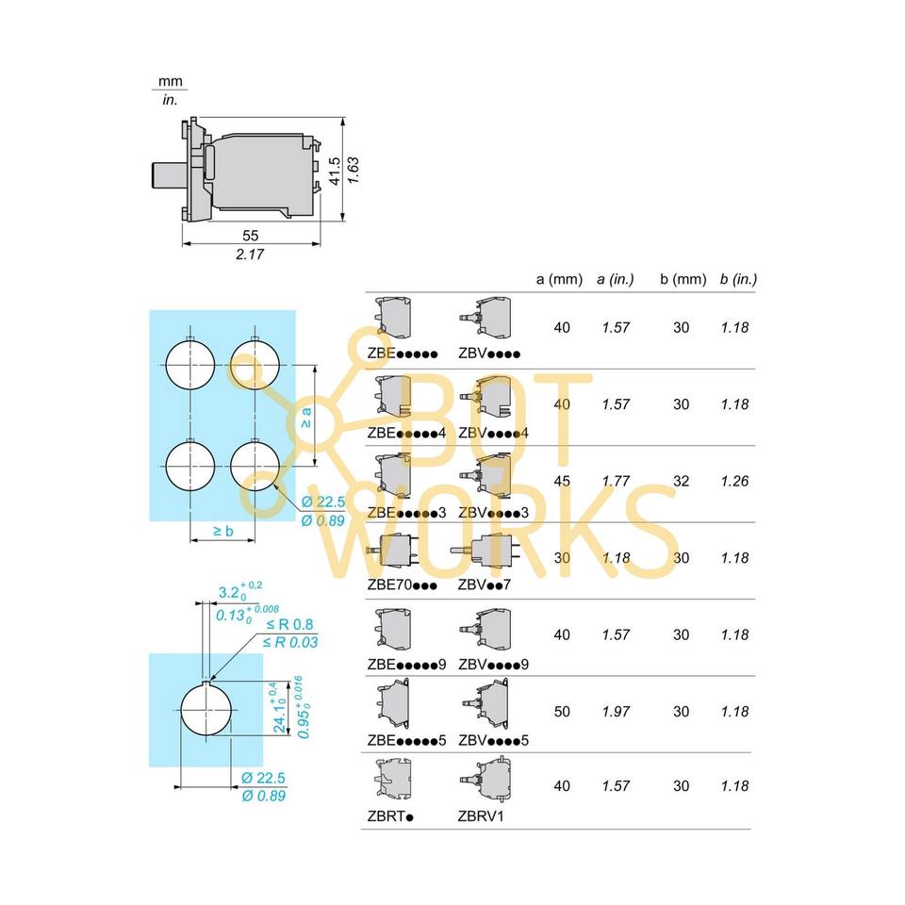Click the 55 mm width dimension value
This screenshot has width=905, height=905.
click(251, 235)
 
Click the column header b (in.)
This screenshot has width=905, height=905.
click(738, 279)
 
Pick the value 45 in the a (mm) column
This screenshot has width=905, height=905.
click(562, 481)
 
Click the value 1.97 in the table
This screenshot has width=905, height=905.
click(616, 712)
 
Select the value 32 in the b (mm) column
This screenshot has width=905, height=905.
click(682, 481)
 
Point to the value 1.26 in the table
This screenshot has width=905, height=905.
click(734, 481)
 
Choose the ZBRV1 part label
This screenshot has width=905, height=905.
click(481, 815)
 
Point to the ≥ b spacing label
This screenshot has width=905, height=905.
click(223, 532)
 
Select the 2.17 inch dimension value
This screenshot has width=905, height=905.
click(251, 255)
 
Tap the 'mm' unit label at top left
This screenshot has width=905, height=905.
click(170, 82)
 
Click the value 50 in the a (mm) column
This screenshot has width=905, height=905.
click(562, 712)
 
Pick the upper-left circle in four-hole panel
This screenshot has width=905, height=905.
click(190, 364)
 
